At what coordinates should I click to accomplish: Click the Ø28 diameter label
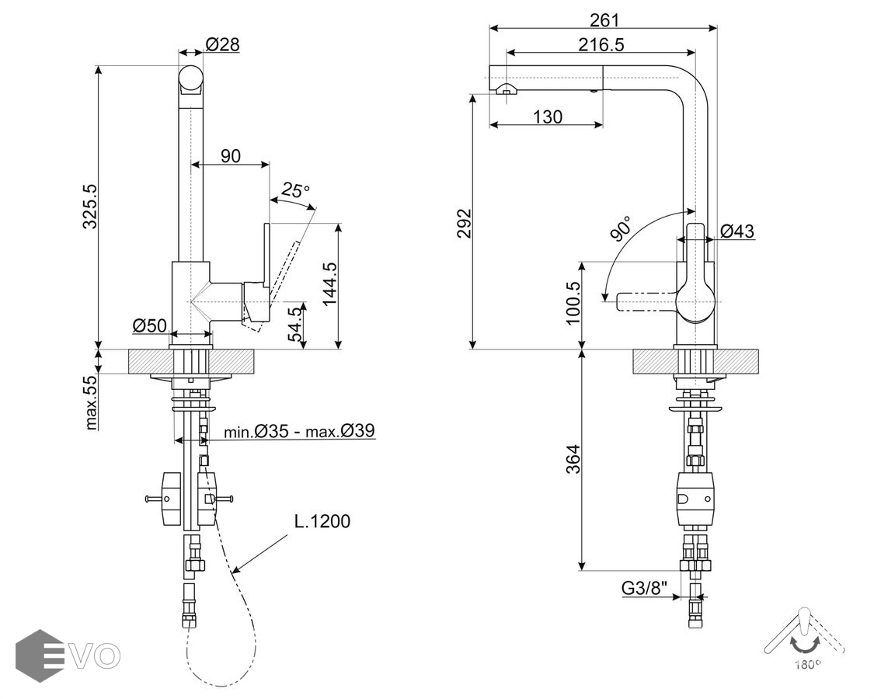[x=223, y=45]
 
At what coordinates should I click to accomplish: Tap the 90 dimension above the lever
[x=231, y=156]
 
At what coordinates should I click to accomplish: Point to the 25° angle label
[x=295, y=190]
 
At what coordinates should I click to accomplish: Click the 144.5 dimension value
[x=329, y=284]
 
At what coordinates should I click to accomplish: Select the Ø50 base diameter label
[x=149, y=325]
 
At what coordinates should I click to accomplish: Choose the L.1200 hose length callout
[x=322, y=521]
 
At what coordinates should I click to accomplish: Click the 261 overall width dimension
[x=604, y=20]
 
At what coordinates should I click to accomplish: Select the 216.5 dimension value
[x=601, y=45]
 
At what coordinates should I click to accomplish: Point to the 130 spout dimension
[x=548, y=117]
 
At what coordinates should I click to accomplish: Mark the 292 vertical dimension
[x=464, y=224]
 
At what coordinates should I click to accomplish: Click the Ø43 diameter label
[x=736, y=231]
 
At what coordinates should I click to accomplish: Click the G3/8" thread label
[x=645, y=589]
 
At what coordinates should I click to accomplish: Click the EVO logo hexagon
[x=39, y=656]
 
